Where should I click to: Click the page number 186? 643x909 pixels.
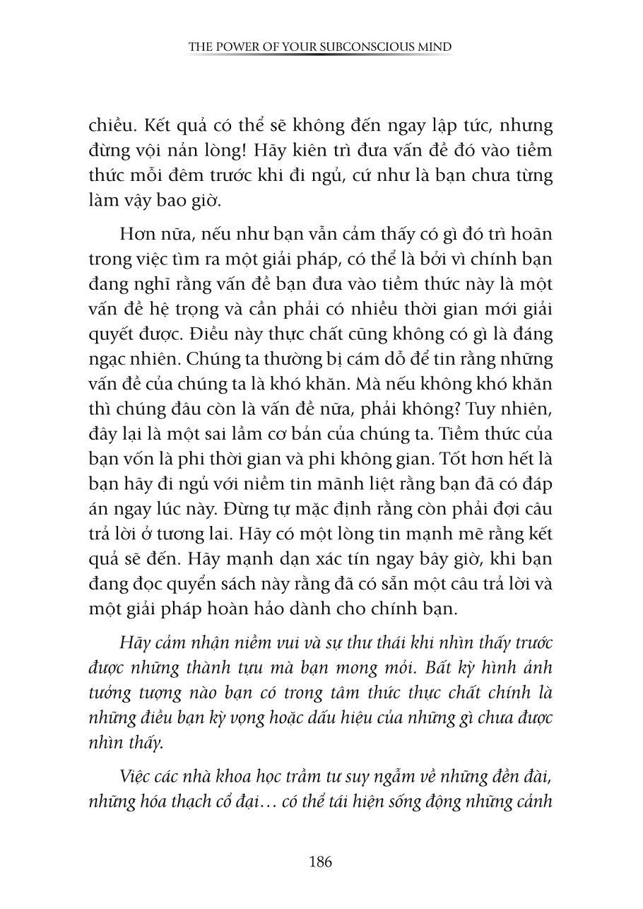[321, 862]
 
